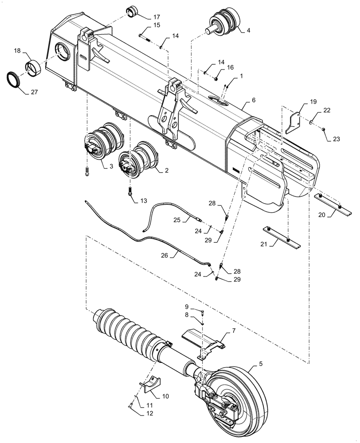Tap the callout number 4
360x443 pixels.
point(248,31)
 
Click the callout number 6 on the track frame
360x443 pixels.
point(253,101)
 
